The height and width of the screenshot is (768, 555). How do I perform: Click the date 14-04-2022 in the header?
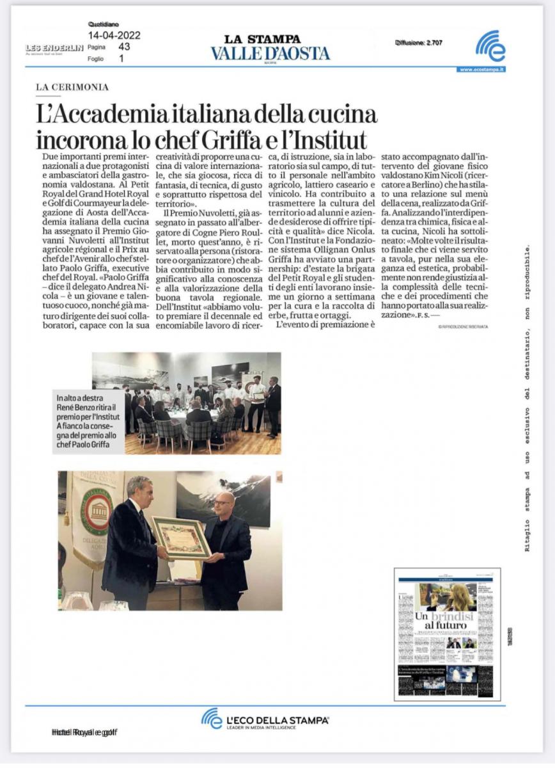pos(114,36)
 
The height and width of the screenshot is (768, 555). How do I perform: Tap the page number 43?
pos(124,47)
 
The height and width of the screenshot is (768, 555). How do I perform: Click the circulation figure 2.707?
pos(432,43)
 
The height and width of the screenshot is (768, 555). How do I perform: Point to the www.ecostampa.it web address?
pos(481,69)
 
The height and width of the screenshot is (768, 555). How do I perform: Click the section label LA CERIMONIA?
pos(72,87)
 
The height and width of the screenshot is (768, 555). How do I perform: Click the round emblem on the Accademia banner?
pos(97,511)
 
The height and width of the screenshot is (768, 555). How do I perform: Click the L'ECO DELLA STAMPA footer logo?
pos(265,719)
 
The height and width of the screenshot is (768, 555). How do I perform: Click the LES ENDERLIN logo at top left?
pos(54,48)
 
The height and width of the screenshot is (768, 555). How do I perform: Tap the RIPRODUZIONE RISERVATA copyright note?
pos(462,326)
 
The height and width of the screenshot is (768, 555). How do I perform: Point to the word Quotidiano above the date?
pos(102,25)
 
